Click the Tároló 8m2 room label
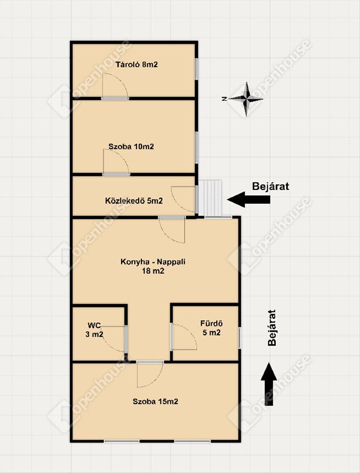(137, 64)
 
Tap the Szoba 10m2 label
(131, 147)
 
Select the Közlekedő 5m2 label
(134, 201)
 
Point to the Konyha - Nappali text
(153, 262)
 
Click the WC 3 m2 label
(96, 330)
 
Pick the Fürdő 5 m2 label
(211, 328)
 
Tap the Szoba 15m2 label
(156, 402)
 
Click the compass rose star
(246, 99)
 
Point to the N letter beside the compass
(224, 99)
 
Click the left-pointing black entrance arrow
(248, 200)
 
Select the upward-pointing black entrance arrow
(269, 384)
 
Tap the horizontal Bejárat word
(271, 186)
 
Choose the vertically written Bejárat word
(272, 328)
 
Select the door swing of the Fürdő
(184, 337)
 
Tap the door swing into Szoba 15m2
(150, 375)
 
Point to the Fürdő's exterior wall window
(239, 338)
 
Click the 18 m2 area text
(153, 271)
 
